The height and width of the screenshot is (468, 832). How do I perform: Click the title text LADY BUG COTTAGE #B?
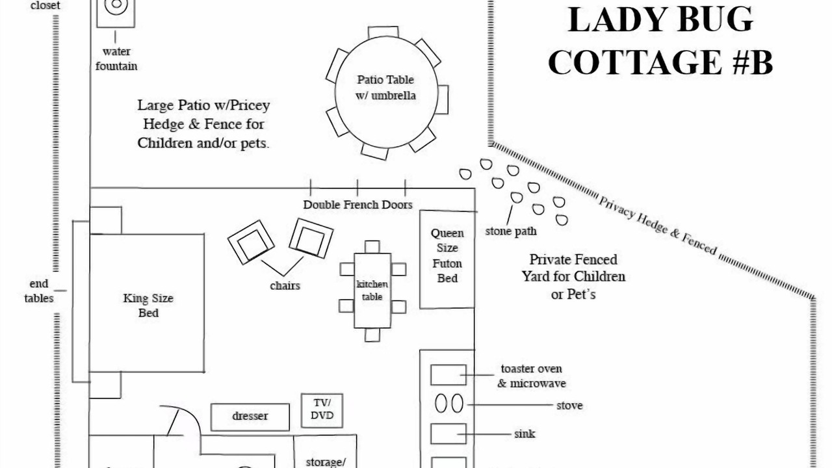[x=660, y=41]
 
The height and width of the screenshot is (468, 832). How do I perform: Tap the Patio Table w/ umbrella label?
[x=385, y=87]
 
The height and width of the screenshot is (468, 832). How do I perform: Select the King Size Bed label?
[x=148, y=305]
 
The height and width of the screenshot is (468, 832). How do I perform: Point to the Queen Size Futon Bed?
[x=447, y=259]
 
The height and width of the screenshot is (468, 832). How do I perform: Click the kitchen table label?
[x=372, y=290]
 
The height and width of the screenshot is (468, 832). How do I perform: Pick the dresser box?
[x=250, y=417]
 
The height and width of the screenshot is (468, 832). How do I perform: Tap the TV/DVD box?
[x=322, y=410]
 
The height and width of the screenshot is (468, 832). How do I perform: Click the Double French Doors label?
[x=357, y=205]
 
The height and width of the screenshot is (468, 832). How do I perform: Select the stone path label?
[x=511, y=231]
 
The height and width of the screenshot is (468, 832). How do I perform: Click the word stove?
[x=569, y=405]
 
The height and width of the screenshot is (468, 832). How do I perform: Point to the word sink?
[x=525, y=434]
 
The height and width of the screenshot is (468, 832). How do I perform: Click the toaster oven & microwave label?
[x=532, y=376]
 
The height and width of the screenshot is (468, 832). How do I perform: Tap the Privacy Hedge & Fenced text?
[x=657, y=226]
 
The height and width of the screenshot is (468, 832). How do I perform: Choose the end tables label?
[x=39, y=291]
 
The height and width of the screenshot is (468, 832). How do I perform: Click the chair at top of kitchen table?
[x=372, y=247]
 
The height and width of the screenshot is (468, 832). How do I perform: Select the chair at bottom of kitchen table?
[x=372, y=335]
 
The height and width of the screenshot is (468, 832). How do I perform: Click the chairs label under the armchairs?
[x=285, y=285]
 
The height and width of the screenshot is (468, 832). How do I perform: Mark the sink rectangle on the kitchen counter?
[x=448, y=434]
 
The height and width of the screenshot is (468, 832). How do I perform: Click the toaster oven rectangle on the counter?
[x=448, y=375]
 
